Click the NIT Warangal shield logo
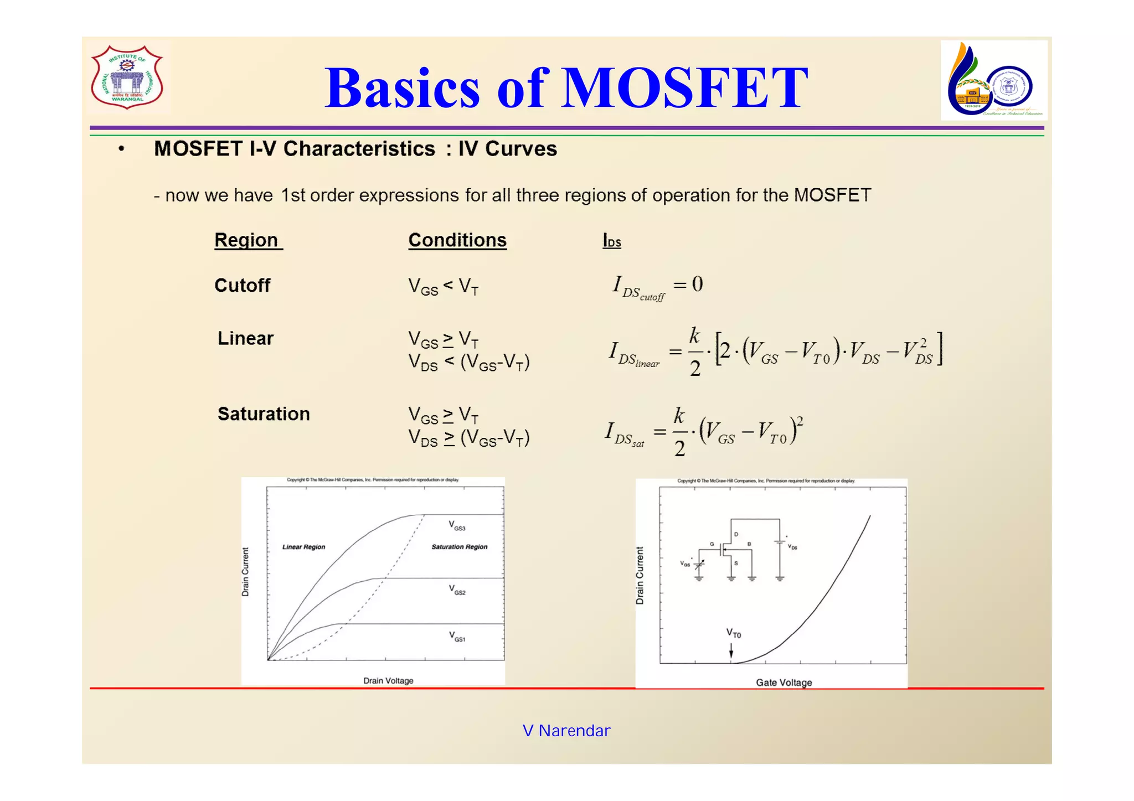[127, 77]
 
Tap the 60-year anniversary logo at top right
[993, 81]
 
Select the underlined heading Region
[247, 240]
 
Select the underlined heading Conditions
[457, 240]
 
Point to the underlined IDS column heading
[612, 241]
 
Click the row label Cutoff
[242, 286]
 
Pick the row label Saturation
[264, 414]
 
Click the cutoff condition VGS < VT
[443, 287]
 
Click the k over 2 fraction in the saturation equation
[679, 432]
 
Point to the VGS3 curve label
[457, 525]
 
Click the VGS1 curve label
[457, 637]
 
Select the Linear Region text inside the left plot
[303, 547]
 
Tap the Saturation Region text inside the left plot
[459, 547]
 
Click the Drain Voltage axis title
[388, 681]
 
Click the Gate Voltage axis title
[784, 683]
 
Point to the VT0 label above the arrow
[733, 633]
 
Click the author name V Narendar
[566, 731]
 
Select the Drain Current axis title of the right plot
[640, 576]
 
